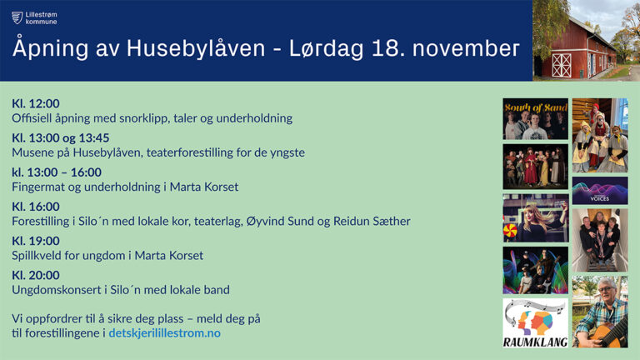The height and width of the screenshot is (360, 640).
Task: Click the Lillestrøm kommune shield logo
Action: (17, 17)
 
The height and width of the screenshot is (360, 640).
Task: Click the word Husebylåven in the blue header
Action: (196, 48)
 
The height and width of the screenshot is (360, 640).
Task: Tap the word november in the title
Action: (466, 48)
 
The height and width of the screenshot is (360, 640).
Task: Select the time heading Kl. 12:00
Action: (36, 103)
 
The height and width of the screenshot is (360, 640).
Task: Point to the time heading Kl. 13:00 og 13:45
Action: (60, 137)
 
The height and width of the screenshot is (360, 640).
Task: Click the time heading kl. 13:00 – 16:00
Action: (57, 172)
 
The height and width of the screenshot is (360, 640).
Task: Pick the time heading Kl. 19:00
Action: (36, 240)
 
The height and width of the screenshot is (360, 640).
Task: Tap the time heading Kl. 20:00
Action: (36, 275)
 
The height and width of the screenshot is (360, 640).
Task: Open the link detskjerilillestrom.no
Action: (164, 332)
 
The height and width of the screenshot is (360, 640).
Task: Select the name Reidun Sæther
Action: (372, 221)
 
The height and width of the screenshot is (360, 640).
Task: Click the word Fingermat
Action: (37, 187)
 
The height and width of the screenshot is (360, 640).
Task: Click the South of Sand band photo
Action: (536, 119)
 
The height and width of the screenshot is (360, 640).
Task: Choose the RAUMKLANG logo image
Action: (536, 322)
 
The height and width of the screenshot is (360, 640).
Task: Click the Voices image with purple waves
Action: (600, 191)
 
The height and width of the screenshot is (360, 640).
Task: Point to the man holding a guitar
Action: (600, 312)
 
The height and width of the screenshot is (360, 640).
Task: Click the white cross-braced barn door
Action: (562, 65)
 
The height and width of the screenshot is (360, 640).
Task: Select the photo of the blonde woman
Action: (536, 218)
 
